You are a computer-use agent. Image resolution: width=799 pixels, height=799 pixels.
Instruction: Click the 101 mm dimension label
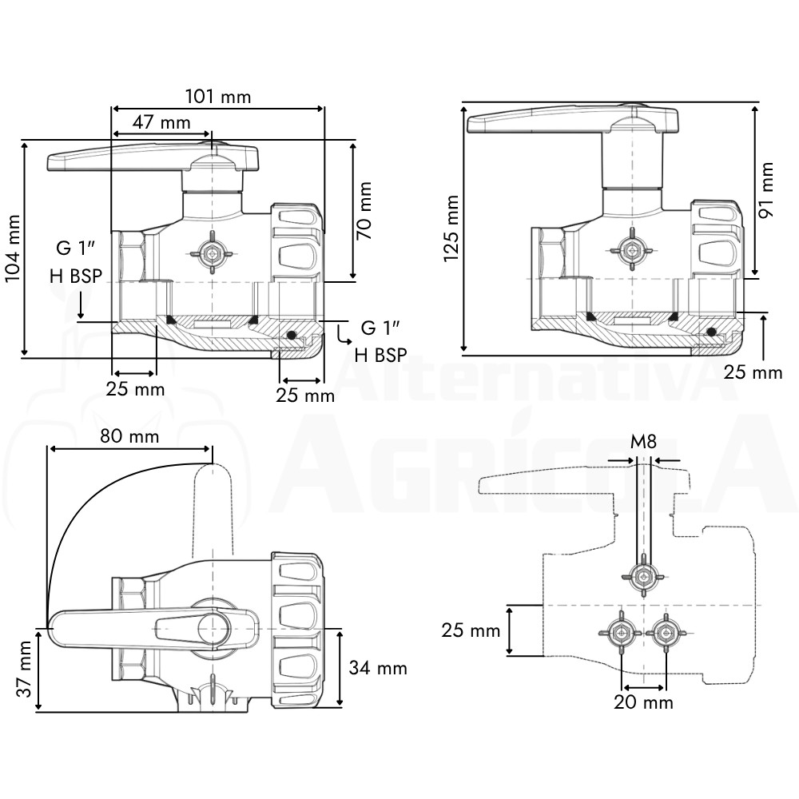coord(217,97)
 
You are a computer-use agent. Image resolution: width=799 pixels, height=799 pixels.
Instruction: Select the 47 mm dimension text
coord(161,122)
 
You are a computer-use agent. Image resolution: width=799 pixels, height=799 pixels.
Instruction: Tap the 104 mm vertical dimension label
coord(13,248)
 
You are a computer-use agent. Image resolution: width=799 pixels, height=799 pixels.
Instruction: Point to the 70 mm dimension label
coord(364,210)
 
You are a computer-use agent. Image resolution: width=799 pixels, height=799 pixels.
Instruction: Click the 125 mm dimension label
coord(452,229)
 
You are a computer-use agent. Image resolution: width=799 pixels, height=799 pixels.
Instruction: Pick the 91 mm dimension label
coord(765,190)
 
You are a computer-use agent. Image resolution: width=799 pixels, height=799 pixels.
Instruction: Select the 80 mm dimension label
coord(129,436)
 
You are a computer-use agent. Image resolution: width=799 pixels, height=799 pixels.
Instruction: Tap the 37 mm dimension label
coord(24,669)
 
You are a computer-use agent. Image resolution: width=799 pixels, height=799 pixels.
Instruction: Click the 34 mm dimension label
coord(378,668)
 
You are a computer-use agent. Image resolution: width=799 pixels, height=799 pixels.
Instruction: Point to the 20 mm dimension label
coord(643,702)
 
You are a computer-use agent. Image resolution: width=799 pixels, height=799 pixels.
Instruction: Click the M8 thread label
coord(643,441)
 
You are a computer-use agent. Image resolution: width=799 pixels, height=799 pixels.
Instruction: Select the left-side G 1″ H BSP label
coord(77,262)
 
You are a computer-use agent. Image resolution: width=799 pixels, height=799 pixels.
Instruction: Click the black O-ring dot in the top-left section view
coord(291,335)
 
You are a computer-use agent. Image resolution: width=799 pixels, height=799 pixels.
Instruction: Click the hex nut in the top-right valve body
coord(632,250)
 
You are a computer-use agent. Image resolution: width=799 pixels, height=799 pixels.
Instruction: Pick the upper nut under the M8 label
coord(643,577)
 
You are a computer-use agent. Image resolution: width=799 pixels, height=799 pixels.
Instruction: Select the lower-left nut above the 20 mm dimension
coord(621,632)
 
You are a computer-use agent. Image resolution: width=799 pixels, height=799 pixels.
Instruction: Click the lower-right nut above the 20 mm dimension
coord(666,632)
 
